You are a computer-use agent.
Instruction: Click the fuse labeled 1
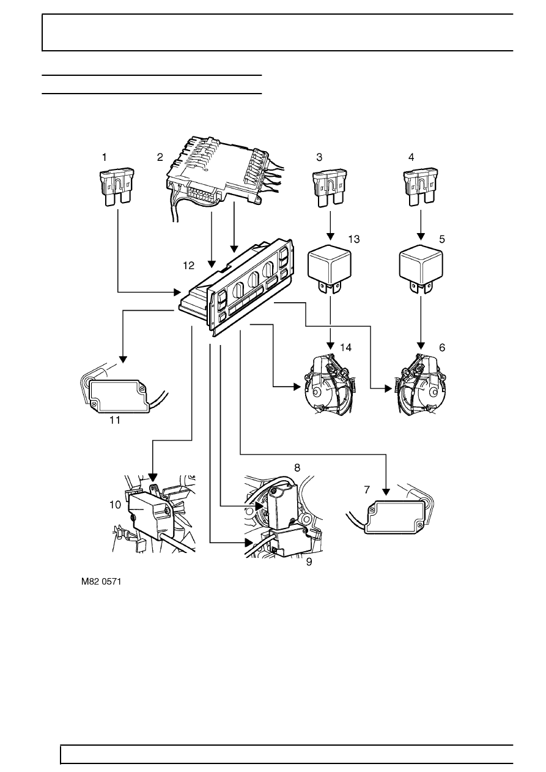point(117,187)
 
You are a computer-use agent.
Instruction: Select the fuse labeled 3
point(330,188)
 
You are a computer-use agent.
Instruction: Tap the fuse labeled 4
point(420,187)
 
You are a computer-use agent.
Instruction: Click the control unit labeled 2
point(221,173)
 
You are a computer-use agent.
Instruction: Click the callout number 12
point(188,265)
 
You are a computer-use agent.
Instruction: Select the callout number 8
point(297,468)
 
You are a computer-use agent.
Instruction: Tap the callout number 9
point(309,562)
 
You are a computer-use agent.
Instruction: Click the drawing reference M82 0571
point(101,582)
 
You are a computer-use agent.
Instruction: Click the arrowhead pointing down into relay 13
point(330,236)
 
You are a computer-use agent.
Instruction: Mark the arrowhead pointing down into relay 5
point(421,236)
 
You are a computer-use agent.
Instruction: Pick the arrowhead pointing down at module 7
point(386,491)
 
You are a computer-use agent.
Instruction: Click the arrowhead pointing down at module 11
point(123,359)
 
